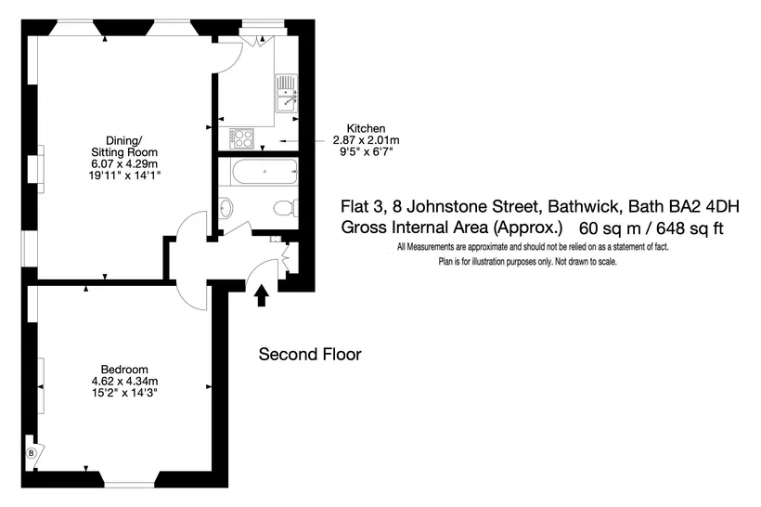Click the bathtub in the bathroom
coord(265,171)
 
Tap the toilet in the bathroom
coord(286,208)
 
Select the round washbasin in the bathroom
coord(226,208)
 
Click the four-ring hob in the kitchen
coord(241,138)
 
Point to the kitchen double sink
coord(287,93)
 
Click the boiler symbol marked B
coord(31,453)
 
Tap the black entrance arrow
coord(262,295)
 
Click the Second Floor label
coord(310,354)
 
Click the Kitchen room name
coord(366,128)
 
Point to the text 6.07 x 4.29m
coord(124,163)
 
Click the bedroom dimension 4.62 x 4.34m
coord(124,381)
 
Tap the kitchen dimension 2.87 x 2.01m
coord(366,140)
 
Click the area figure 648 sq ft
coord(690,227)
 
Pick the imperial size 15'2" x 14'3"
coord(124,393)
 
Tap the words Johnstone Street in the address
coord(472,206)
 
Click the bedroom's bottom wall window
coord(130,484)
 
